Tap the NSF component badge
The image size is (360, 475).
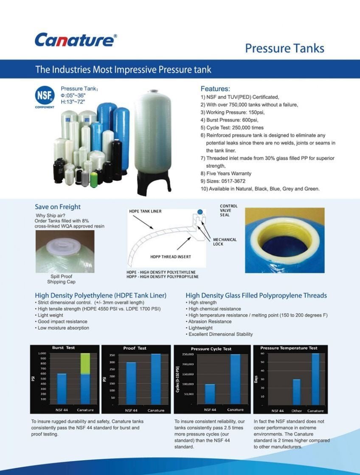pos(45,97)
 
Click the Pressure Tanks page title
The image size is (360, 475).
pos(284,48)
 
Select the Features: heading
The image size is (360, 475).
pos(215,89)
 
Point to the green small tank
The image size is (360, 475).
pos(94,180)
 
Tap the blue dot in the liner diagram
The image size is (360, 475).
pos(200,212)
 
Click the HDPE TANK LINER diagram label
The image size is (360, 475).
pos(145,211)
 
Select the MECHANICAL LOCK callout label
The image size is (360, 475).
pos(225,242)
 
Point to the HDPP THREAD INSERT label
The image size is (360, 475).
pos(171,257)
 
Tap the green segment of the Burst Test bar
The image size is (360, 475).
pos(85,363)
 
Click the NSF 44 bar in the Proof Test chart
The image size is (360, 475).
pos(131,383)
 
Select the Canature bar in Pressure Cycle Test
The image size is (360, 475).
pos(236,379)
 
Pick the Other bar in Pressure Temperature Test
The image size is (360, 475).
pos(297,392)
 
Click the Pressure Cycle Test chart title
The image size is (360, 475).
pos(211,349)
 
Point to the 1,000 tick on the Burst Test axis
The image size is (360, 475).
pos(42,353)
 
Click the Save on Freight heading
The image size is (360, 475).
pos(58,207)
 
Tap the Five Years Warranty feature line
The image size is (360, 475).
pos(226,174)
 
